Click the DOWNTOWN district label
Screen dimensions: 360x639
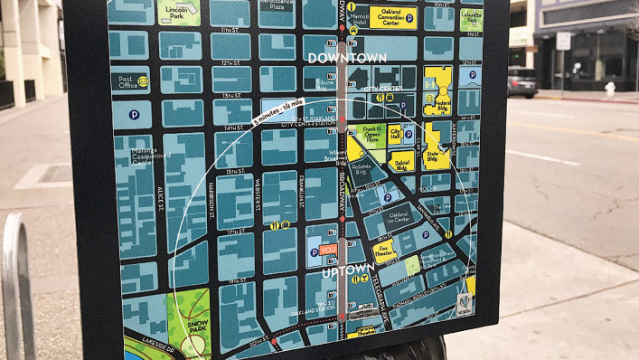click(x=347, y=58)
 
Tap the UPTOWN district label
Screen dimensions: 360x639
click(x=348, y=269)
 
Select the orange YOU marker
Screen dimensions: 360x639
click(x=328, y=249)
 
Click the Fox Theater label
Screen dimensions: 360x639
click(x=386, y=250)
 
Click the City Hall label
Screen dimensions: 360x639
click(x=395, y=133)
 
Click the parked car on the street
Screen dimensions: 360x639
click(x=522, y=81)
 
